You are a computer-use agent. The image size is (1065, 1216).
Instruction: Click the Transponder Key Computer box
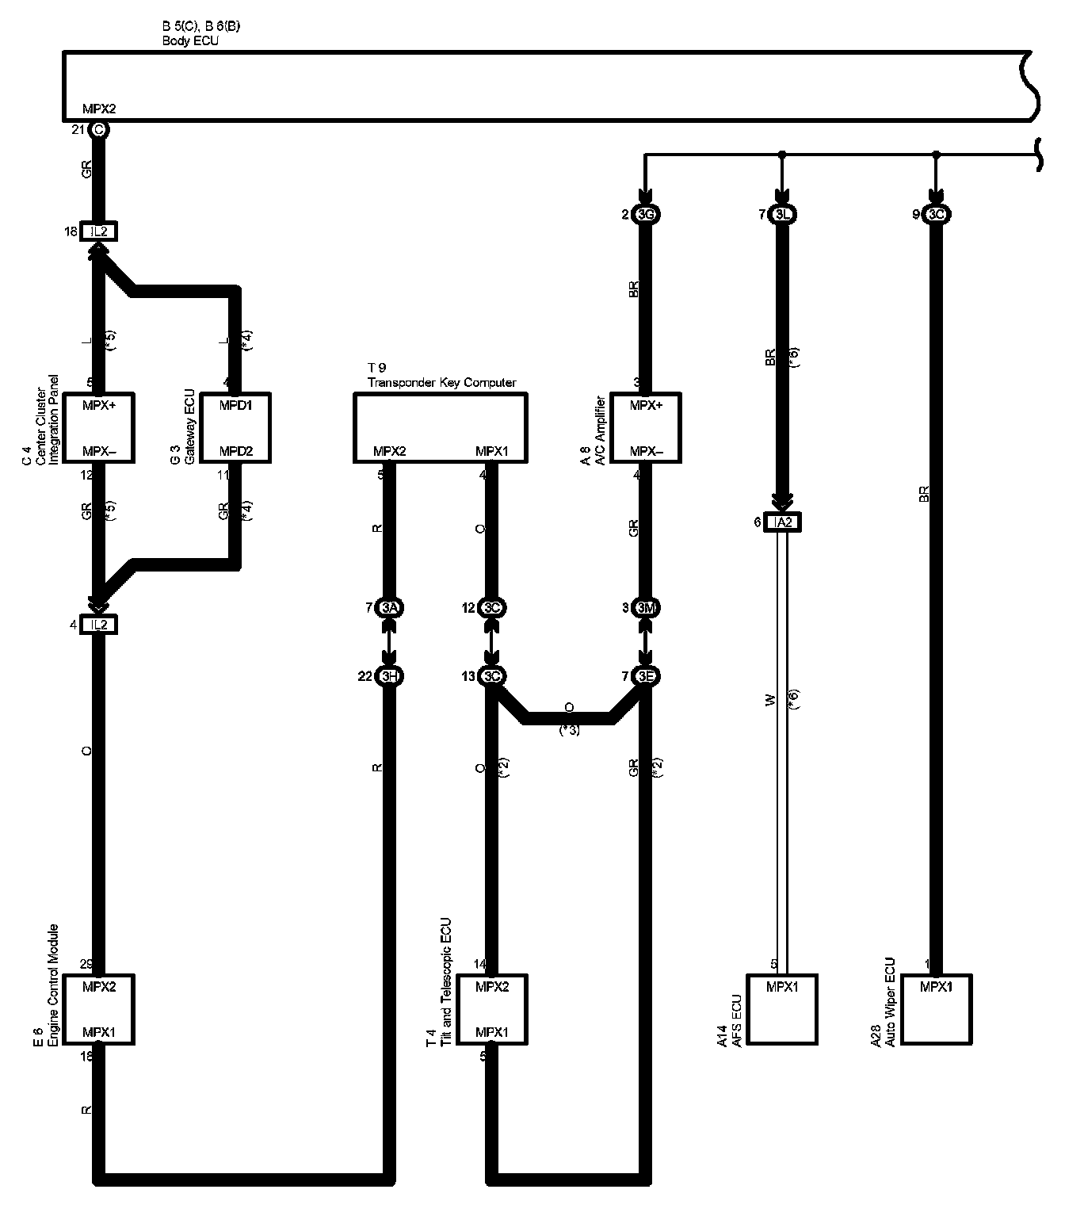(440, 427)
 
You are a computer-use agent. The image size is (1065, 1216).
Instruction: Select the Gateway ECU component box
(235, 427)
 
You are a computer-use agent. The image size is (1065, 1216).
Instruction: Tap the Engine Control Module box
(99, 1009)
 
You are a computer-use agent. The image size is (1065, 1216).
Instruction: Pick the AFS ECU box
(782, 1009)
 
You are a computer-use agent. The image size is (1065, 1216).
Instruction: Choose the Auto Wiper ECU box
(936, 1009)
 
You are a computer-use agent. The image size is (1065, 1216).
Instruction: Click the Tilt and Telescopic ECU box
(492, 1009)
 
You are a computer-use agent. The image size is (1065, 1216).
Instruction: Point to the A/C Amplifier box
(646, 427)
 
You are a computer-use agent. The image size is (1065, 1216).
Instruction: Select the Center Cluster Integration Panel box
(99, 427)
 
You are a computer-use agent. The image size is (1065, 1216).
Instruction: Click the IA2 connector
(782, 522)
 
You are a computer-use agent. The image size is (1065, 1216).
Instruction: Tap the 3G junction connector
(647, 215)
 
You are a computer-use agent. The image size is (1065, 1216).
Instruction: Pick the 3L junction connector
(783, 215)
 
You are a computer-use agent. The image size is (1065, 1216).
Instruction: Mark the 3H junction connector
(388, 676)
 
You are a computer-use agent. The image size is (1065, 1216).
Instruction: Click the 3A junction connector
(388, 608)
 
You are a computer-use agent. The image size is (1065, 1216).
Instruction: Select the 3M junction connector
(647, 608)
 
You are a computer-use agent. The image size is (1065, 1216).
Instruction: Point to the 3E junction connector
(647, 676)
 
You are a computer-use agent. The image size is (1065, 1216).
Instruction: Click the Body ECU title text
(190, 41)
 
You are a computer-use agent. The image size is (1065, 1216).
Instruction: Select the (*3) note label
(569, 730)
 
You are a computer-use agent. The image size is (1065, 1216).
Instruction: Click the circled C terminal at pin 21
(98, 129)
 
